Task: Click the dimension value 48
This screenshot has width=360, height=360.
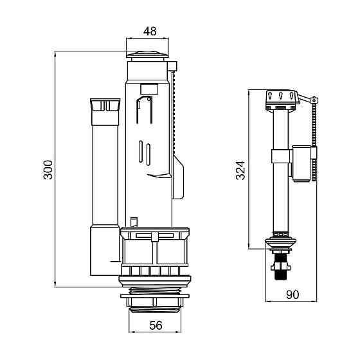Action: [x=150, y=32]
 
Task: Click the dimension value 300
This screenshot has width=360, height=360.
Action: [x=48, y=170]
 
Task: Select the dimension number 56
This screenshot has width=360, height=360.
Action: [x=156, y=325]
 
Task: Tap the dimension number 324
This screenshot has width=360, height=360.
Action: [x=241, y=170]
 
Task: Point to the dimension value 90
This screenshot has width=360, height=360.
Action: [x=292, y=295]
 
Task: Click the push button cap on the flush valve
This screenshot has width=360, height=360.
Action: [x=147, y=55]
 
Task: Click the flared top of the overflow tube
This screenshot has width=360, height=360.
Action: [x=105, y=105]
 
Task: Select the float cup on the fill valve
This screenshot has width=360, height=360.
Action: [x=301, y=163]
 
